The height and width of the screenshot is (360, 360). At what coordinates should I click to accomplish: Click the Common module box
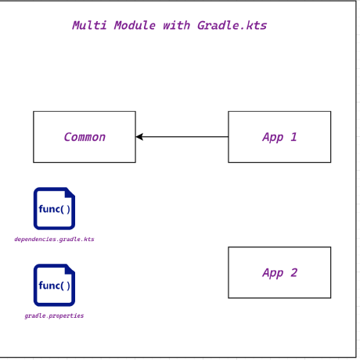(x=84, y=137)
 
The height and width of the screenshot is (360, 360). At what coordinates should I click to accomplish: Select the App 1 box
(x=279, y=137)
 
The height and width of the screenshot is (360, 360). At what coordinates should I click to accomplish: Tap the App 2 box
(x=279, y=272)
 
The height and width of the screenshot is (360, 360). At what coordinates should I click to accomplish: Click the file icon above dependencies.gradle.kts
(x=54, y=209)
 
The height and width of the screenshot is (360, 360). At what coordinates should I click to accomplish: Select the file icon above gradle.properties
(x=54, y=286)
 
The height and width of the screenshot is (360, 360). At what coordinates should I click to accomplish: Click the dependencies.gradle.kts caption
(x=54, y=239)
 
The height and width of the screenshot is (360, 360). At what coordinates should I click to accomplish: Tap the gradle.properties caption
(x=54, y=316)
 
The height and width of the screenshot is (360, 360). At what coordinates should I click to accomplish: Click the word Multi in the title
(x=89, y=26)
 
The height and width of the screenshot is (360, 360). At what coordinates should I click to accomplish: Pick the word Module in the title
(x=135, y=26)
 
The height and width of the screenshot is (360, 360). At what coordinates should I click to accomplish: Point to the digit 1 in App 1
(x=294, y=137)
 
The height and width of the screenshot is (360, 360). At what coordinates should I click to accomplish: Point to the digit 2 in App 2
(x=294, y=273)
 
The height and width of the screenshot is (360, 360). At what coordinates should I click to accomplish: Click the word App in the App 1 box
(x=273, y=138)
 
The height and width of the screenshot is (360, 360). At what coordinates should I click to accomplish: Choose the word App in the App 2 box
(x=273, y=273)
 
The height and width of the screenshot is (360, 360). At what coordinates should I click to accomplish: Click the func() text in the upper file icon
(x=54, y=209)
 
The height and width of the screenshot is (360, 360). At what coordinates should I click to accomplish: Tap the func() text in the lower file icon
(x=54, y=286)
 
